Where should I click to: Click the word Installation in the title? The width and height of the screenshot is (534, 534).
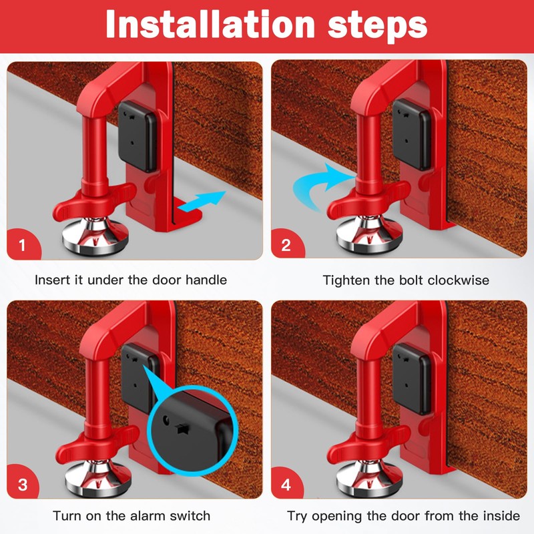pos(210,24)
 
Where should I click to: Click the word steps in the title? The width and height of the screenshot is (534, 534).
pos(377,27)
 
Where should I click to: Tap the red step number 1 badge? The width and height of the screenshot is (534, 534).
pos(23,244)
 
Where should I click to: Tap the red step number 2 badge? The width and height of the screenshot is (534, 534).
pos(287,244)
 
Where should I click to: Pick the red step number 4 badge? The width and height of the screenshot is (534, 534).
pos(286,483)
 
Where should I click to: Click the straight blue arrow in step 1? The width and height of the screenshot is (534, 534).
pos(202,202)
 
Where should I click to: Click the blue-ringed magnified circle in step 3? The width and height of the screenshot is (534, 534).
pos(194,430)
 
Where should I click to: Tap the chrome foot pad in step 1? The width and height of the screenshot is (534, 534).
pos(95,236)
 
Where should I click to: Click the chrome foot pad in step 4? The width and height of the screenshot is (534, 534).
pos(369,477)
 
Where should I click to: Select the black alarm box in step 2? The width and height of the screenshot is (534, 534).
pos(411,135)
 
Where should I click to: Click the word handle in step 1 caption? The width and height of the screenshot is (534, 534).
pos(206,280)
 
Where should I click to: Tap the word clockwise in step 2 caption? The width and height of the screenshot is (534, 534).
pos(459,280)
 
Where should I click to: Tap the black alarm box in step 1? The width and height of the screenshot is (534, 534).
pos(138,136)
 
